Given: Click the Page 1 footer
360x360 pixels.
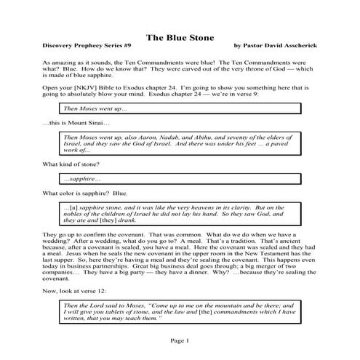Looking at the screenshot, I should point(179,339).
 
